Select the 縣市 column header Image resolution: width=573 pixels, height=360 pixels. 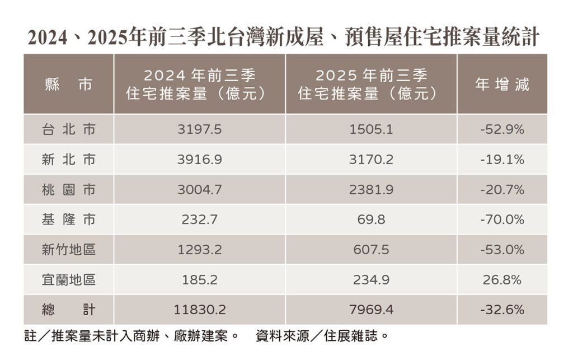[x=68, y=85]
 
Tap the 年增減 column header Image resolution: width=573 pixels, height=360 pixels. [x=502, y=85]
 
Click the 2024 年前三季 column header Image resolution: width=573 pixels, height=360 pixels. [x=199, y=85]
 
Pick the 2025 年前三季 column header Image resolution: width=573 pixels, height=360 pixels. [x=371, y=85]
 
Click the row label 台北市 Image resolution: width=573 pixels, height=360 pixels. [x=68, y=130]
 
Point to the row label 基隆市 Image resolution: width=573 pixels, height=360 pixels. [x=68, y=219]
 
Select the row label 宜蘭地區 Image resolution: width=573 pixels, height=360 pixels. [x=68, y=279]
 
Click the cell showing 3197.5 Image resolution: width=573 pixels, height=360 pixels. [x=199, y=130]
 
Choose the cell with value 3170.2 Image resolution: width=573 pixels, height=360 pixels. [x=371, y=160]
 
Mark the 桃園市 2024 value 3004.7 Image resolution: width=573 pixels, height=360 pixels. [x=199, y=190]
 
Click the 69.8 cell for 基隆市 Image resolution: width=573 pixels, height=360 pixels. [x=371, y=219]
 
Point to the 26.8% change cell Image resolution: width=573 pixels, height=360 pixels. [x=502, y=279]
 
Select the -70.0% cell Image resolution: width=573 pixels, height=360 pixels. [x=502, y=219]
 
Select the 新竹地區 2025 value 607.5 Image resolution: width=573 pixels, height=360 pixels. [x=371, y=250]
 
